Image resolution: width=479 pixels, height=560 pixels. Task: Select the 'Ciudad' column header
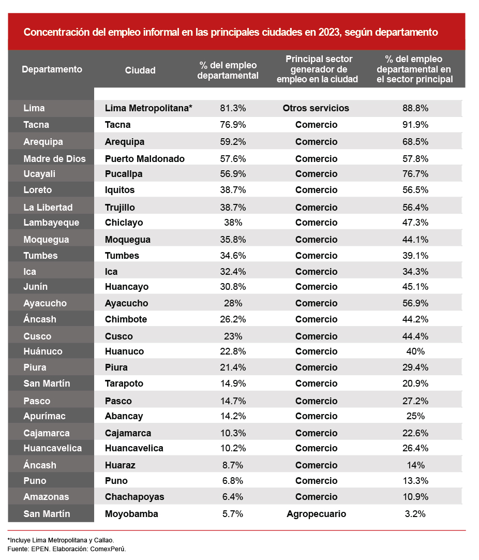tap(140, 70)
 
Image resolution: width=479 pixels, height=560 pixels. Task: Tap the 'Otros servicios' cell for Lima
tap(316, 108)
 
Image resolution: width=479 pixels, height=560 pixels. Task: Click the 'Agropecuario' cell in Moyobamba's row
tap(316, 514)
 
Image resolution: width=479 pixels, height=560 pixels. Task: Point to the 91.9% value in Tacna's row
tap(415, 125)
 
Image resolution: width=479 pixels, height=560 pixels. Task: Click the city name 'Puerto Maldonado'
tap(144, 159)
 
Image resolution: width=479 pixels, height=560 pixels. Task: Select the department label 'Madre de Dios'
tap(54, 159)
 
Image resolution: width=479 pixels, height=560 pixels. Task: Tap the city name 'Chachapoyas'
tap(134, 497)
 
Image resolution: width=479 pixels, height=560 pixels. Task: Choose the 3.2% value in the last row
tap(415, 514)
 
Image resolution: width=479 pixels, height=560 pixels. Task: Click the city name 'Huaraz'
tap(120, 465)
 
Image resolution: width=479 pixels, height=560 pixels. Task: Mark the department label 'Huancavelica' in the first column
tap(52, 448)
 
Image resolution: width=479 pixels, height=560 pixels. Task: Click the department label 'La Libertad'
tap(48, 208)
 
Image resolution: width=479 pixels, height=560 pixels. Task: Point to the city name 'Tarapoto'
tap(124, 384)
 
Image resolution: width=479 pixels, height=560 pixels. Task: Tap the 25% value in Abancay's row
tap(415, 416)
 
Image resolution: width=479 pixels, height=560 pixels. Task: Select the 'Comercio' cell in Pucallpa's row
tap(316, 174)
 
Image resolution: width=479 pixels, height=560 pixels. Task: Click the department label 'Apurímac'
tap(44, 416)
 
